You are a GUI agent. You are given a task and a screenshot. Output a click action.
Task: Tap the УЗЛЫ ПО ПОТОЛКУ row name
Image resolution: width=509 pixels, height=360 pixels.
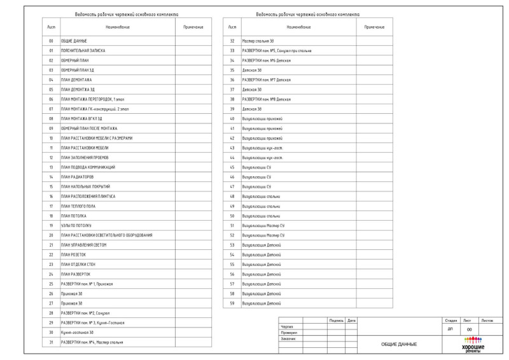click(x=76, y=226)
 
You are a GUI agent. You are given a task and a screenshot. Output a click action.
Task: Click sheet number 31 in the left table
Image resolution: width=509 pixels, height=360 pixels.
click(x=51, y=342)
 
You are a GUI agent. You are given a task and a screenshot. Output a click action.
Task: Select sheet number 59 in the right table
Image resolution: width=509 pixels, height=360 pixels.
click(x=232, y=303)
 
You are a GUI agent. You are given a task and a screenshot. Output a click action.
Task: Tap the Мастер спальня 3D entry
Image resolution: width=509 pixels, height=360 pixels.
click(x=257, y=40)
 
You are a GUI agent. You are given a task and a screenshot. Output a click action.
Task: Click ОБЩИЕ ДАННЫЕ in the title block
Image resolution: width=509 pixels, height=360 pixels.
click(x=398, y=344)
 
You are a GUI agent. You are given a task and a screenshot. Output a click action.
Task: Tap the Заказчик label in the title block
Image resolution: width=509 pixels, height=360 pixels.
click(x=288, y=338)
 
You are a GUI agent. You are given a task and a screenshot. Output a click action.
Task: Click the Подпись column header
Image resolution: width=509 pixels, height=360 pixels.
click(x=336, y=319)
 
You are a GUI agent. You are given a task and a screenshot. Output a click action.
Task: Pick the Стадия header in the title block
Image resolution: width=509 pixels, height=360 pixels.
click(x=450, y=320)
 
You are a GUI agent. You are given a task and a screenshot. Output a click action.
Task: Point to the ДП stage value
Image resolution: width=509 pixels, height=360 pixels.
click(x=450, y=329)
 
